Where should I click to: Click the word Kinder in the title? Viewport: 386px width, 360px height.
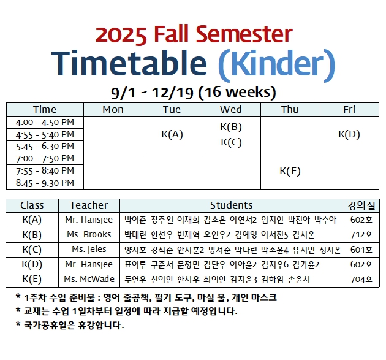pyautogui.click(x=276, y=64)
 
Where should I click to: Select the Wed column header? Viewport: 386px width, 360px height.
pyautogui.click(x=231, y=109)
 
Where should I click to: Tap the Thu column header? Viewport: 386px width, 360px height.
pyautogui.click(x=290, y=109)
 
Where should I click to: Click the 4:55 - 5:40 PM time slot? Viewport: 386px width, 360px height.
pyautogui.click(x=45, y=135)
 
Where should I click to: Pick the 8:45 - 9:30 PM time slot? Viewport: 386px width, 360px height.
pyautogui.click(x=45, y=183)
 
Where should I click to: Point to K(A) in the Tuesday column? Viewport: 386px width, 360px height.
pyautogui.click(x=172, y=134)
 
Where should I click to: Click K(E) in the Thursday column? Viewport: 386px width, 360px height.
pyautogui.click(x=290, y=171)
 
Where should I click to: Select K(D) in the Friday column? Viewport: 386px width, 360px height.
pyautogui.click(x=349, y=134)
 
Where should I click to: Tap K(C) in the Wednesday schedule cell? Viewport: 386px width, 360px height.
pyautogui.click(x=231, y=142)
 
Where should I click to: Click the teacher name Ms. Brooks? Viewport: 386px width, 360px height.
pyautogui.click(x=89, y=234)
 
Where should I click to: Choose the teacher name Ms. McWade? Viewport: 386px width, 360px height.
pyautogui.click(x=89, y=279)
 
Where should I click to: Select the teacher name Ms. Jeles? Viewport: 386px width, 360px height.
pyautogui.click(x=89, y=250)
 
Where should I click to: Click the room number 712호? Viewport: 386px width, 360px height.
pyautogui.click(x=361, y=234)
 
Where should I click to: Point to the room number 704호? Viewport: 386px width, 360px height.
pyautogui.click(x=361, y=280)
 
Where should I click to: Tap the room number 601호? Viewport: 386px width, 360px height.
pyautogui.click(x=361, y=250)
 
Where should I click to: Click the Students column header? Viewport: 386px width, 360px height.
pyautogui.click(x=231, y=205)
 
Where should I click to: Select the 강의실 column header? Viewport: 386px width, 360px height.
pyautogui.click(x=361, y=205)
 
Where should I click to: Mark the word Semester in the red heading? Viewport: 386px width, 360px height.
pyautogui.click(x=244, y=34)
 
